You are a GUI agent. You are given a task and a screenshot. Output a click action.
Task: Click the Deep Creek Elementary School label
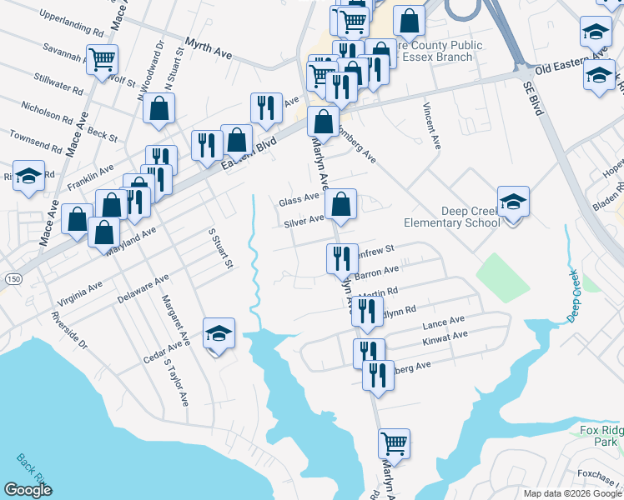tap(451, 217)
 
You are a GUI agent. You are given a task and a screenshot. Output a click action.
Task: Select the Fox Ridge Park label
tap(601, 435)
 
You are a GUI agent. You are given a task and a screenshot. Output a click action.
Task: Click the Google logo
tap(28, 490)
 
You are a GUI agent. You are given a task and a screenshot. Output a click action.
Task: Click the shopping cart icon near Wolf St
tap(103, 60)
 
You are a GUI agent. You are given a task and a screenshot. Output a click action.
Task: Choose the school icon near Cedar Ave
tap(219, 334)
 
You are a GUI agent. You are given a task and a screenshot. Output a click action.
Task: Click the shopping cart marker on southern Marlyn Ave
tap(394, 444)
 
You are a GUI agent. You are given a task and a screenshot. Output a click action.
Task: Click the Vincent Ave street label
tap(431, 126)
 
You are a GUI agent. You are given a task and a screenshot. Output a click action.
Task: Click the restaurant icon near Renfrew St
tap(341, 260)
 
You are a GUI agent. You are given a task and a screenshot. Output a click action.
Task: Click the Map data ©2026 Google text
tap(571, 493)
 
